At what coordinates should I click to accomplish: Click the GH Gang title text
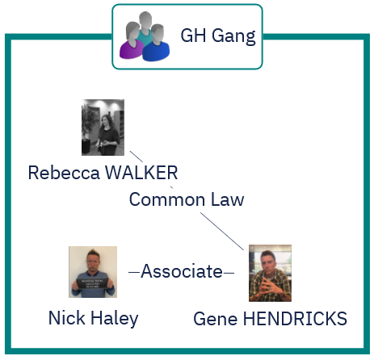pos(218,36)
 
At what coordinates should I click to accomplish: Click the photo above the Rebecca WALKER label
pos(103,128)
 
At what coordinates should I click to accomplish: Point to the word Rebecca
pos(64,173)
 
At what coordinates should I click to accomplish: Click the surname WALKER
pos(141,173)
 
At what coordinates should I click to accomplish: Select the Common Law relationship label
pos(187,199)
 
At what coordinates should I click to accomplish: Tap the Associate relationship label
pos(182,271)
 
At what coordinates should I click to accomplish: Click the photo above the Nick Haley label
pos(93,272)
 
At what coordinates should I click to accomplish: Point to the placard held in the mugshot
pos(92,283)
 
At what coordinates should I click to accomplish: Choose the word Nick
pos(67,318)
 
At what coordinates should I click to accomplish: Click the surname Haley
pos(115,319)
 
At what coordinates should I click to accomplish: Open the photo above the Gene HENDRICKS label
pos(270,273)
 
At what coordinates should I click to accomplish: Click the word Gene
pos(216,319)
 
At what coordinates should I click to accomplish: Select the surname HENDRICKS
pos(295,319)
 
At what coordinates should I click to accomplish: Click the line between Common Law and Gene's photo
pos(222,232)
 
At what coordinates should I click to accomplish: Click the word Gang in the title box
pos(233,37)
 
